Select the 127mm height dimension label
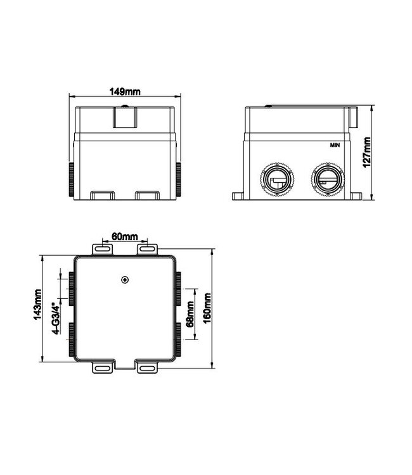click(x=368, y=152)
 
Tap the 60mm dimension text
click(x=124, y=236)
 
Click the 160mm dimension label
click(x=208, y=307)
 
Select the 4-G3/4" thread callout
click(x=56, y=318)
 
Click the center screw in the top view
click(x=125, y=280)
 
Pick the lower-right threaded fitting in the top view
click(x=179, y=338)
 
